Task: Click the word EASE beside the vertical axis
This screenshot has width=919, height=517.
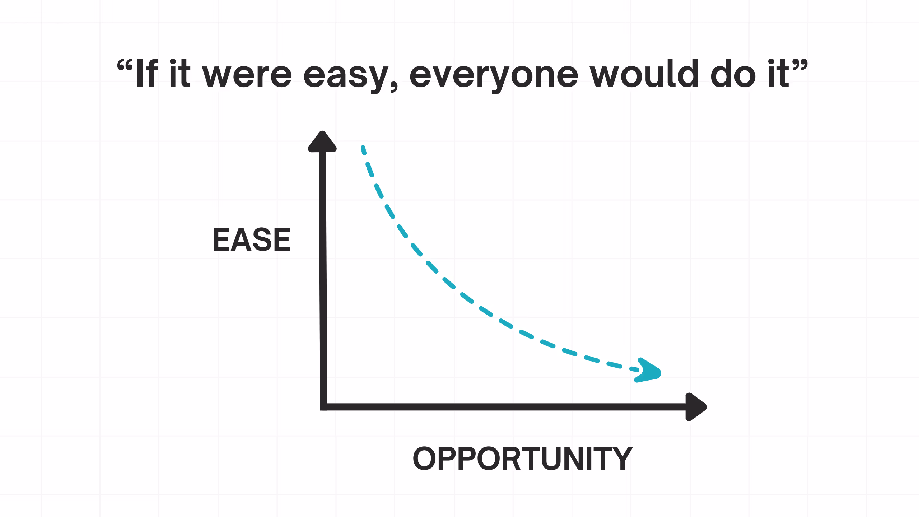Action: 251,240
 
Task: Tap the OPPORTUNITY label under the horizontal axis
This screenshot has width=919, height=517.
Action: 522,458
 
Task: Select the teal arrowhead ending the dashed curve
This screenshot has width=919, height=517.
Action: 648,371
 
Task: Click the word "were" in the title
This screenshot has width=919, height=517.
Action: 247,75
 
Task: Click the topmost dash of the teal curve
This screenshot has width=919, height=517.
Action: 363,150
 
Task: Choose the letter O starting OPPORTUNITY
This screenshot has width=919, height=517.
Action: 424,458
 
